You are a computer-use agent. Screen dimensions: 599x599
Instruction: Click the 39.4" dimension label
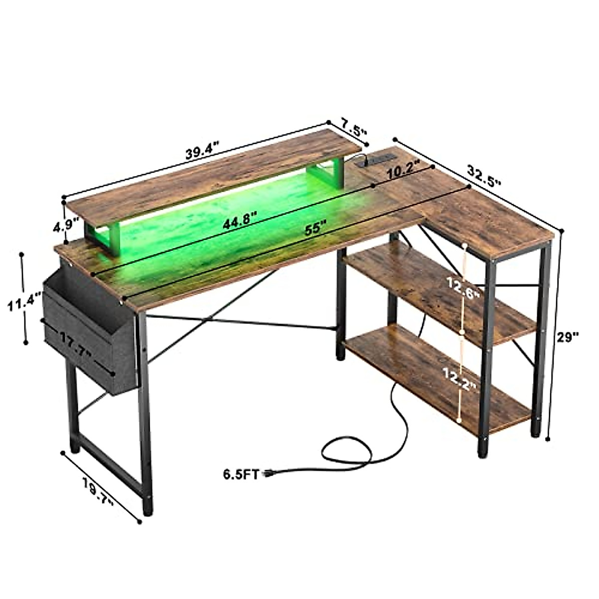202,150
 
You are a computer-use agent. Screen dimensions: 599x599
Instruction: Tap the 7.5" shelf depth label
354,127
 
